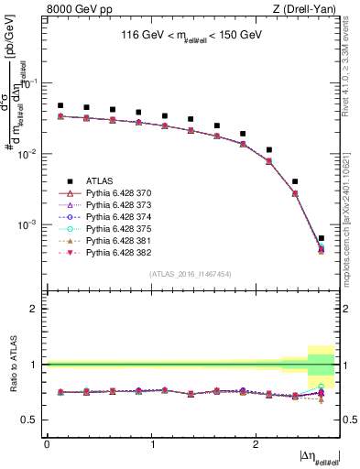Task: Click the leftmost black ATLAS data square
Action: [x=60, y=105]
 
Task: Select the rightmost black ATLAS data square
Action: [x=321, y=238]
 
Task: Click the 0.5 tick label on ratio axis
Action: [x=32, y=420]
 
